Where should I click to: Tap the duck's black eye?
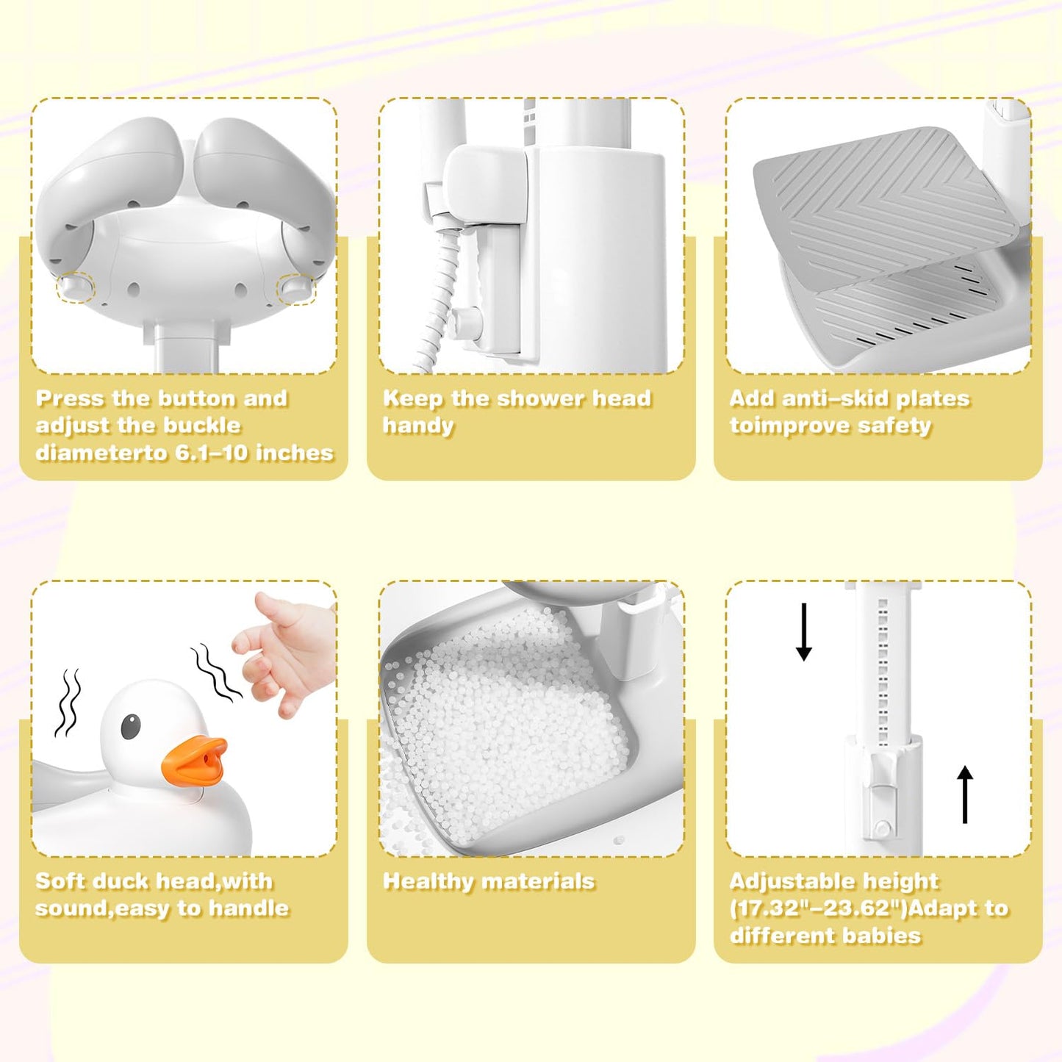[x=130, y=726]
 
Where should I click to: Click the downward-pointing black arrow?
[x=804, y=631]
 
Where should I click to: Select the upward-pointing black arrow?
[x=965, y=794]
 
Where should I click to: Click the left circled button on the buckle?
[x=76, y=287]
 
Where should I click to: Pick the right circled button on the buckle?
[x=296, y=288]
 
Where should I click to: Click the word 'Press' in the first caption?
[x=71, y=398]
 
